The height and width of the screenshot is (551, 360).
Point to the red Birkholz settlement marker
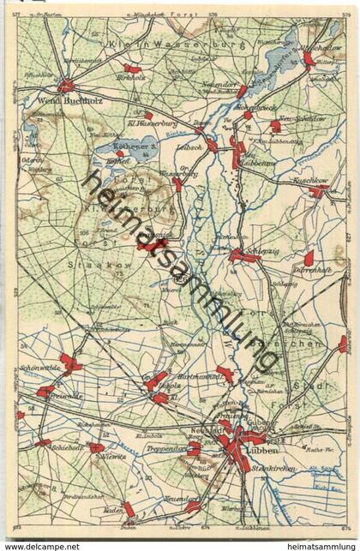(x=132, y=68)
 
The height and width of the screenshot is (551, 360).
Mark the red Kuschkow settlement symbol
(x=318, y=192)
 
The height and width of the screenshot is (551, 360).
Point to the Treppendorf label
(x=168, y=448)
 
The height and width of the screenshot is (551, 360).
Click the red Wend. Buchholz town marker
(x=66, y=86)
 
